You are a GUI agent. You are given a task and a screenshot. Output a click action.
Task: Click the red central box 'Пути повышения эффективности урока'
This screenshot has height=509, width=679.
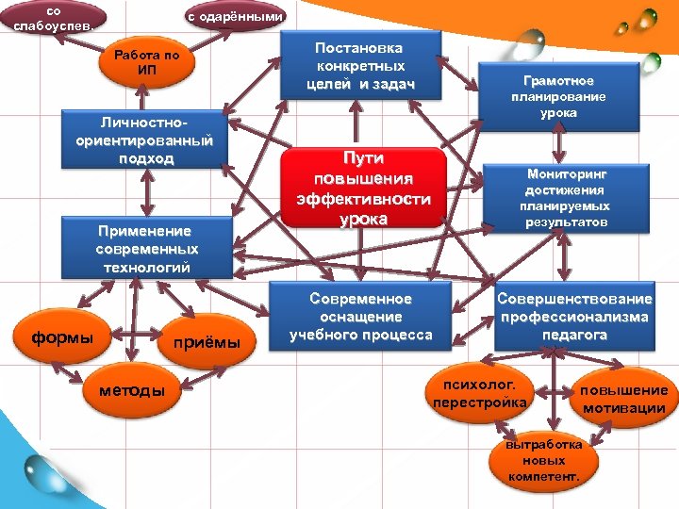[x=363, y=188]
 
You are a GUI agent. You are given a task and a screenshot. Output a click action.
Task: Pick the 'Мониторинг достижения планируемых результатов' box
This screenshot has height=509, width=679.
[x=568, y=198]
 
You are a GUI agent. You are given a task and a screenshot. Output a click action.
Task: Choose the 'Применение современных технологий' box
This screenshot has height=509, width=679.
[x=146, y=249]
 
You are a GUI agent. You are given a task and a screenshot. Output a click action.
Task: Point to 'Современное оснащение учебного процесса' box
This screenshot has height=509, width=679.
[x=360, y=316]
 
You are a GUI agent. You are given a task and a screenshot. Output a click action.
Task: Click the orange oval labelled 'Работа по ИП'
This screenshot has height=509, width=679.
[x=146, y=63]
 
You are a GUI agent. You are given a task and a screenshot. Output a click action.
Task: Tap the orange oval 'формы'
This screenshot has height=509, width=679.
[x=64, y=337]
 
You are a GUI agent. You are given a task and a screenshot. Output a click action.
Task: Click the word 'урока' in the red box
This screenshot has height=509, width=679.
[x=363, y=218]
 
